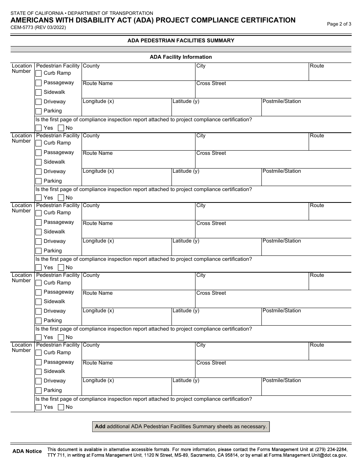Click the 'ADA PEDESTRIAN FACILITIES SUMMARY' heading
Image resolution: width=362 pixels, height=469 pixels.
tap(181, 40)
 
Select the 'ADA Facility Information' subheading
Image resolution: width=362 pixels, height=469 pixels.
tap(181, 57)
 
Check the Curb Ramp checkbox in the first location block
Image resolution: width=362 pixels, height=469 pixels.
tap(38, 73)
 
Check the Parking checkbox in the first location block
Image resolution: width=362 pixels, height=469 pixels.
tap(38, 111)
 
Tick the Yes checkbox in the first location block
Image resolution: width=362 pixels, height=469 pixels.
tap(38, 128)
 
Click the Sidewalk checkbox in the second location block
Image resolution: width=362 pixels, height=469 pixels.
tap(38, 162)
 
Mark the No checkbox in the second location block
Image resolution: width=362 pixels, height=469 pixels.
tap(61, 198)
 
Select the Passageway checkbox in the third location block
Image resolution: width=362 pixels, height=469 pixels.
tap(38, 222)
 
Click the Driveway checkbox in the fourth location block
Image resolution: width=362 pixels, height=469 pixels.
tap(38, 311)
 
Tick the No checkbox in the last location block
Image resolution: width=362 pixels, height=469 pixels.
tap(61, 407)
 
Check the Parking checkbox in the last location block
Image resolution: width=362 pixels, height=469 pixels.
tap(38, 390)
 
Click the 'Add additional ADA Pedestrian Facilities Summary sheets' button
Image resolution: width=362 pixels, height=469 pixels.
tap(181, 426)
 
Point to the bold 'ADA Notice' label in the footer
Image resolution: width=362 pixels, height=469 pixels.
tap(27, 451)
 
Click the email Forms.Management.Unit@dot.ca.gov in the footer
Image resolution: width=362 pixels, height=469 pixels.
tap(307, 455)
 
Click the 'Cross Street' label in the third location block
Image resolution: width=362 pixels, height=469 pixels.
tap(211, 223)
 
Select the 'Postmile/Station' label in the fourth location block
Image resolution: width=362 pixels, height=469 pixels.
tap(282, 310)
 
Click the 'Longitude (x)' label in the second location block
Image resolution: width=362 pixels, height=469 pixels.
tap(98, 171)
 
